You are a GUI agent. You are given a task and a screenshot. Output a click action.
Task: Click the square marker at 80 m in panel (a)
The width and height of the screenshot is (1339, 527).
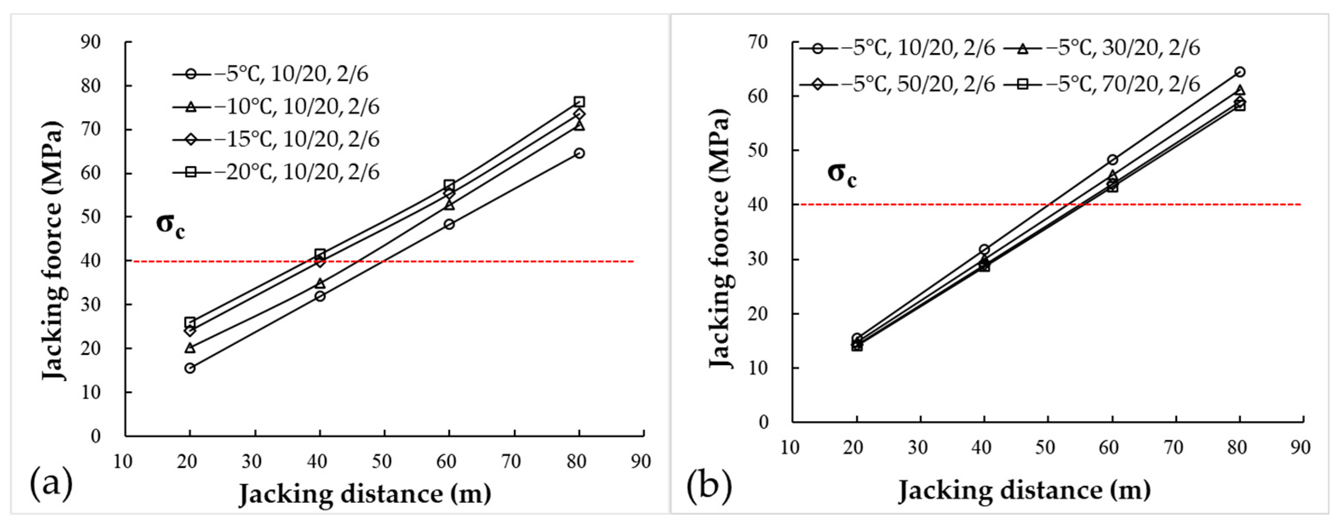click(579, 102)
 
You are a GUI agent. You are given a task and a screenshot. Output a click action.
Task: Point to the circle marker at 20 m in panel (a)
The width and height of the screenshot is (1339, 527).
click(190, 368)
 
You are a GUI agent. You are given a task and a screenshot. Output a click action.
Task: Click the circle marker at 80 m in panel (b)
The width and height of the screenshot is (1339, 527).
click(1240, 72)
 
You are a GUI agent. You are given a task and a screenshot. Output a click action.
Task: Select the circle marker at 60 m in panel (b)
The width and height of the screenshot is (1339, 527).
click(1113, 160)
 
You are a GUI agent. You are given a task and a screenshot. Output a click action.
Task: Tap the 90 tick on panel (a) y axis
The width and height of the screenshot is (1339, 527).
click(91, 42)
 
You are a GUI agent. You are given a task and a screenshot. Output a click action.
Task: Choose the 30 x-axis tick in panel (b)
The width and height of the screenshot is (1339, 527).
click(918, 447)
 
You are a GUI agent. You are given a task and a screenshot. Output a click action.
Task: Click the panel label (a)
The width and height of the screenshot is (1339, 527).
click(51, 483)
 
